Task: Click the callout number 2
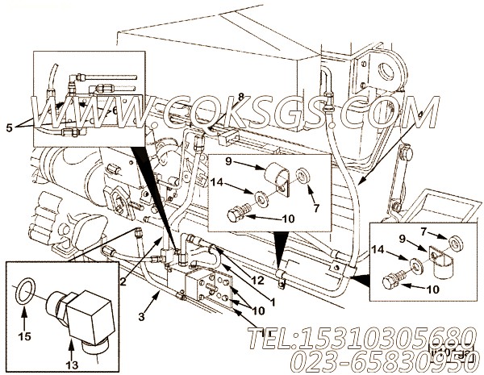point(123,281)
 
